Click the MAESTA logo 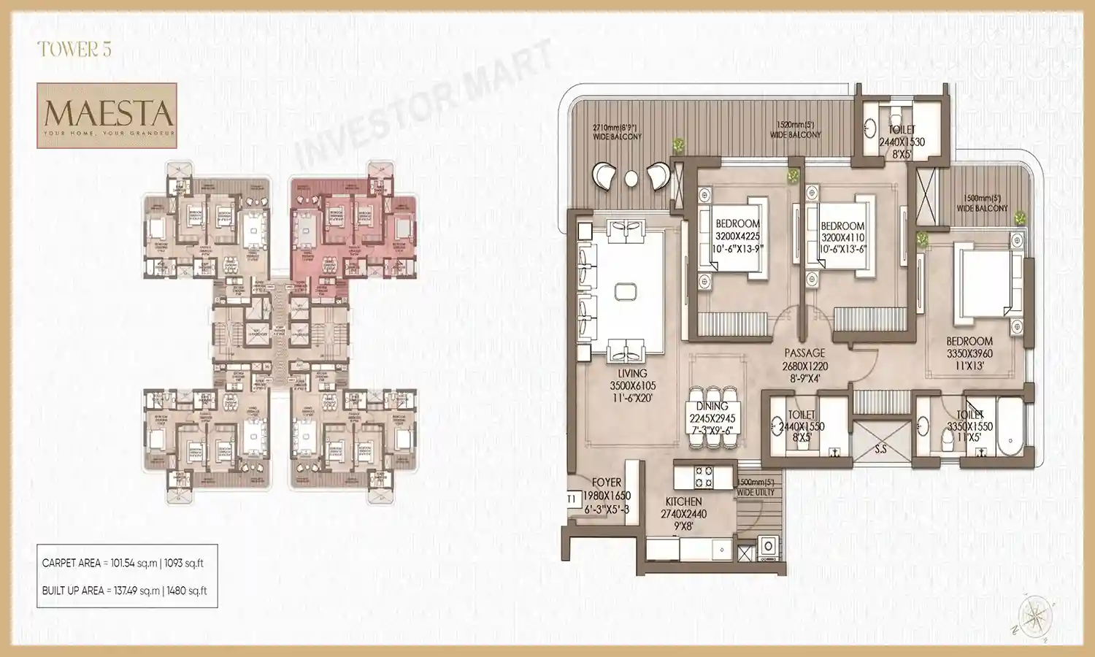107,115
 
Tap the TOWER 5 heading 74,50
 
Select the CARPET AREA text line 123,563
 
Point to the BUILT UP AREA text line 124,591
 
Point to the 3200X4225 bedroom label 737,236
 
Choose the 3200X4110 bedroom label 842,237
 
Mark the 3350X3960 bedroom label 969,353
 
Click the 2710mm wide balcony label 617,131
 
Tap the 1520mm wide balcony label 795,130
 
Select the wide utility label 756,488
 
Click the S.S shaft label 881,449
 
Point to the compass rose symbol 1035,618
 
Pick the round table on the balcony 631,177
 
